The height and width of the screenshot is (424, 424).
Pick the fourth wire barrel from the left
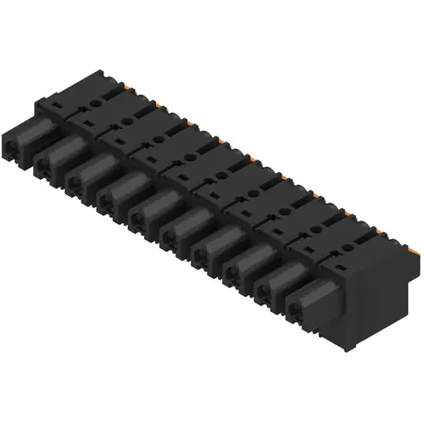coord(121,190)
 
